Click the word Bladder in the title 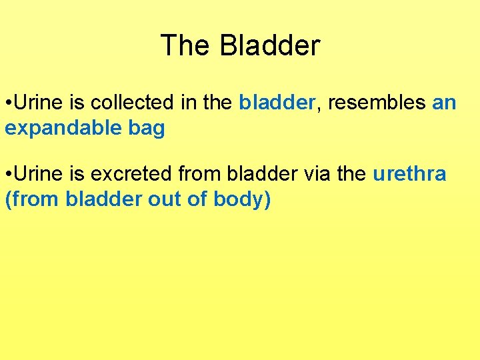pos(270,46)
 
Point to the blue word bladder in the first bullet pos(277,103)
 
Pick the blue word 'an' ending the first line pos(445,103)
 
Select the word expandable pos(57,128)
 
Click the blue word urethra pos(409,174)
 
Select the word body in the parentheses pos(238,199)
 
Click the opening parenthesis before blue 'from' pos(8,199)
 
